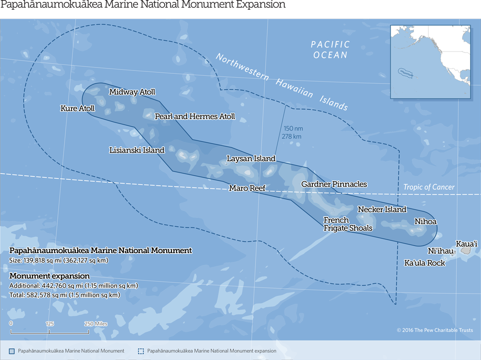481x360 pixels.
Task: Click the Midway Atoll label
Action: point(132,92)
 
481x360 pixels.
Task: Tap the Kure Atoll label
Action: point(77,108)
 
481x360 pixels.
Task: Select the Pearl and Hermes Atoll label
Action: point(195,117)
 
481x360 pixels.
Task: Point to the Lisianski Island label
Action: point(137,150)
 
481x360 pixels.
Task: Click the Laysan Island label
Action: point(251,158)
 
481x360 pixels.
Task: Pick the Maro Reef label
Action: point(247,188)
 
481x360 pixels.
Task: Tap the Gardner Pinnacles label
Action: point(334,184)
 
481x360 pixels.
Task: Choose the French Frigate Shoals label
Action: point(347,224)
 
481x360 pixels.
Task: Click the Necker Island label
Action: point(382,209)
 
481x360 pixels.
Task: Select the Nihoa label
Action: point(425,222)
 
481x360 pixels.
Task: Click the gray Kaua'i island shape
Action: point(466,251)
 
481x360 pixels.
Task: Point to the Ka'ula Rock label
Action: point(425,263)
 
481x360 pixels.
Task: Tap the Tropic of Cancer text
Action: point(429,187)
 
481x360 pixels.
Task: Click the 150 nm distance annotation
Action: point(293,129)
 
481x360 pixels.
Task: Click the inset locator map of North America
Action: point(430,62)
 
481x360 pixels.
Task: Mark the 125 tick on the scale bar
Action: point(50,332)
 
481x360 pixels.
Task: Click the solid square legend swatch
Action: point(12,351)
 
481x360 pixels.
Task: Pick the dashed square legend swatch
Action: point(141,351)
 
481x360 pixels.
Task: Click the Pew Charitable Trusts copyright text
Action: point(434,330)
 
